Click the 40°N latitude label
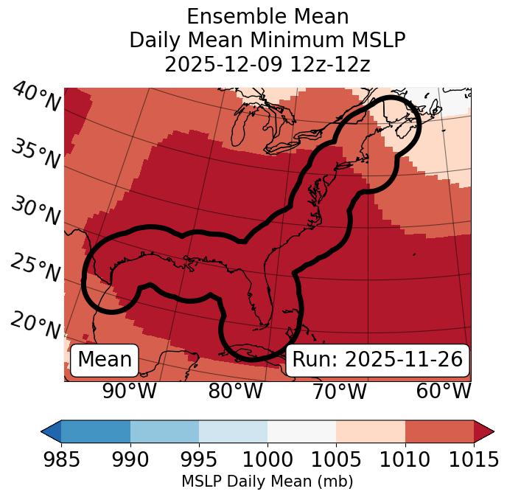tap(36, 97)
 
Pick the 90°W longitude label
tap(129, 392)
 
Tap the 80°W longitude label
tap(236, 392)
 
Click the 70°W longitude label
tap(338, 392)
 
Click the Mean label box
tap(105, 360)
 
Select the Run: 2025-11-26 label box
tap(377, 360)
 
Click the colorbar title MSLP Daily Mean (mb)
tap(268, 482)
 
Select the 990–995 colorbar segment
tap(164, 431)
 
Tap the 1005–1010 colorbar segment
tap(371, 431)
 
